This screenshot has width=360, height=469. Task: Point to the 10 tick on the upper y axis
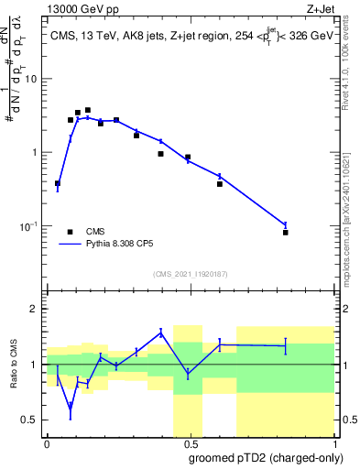(x=35, y=79)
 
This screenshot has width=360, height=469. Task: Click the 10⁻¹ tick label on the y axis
(x=31, y=226)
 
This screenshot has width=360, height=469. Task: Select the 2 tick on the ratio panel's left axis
(x=38, y=309)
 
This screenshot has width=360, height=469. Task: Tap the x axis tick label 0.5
(x=189, y=443)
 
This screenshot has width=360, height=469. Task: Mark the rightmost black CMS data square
(x=286, y=233)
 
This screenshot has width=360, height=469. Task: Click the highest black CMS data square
(x=88, y=110)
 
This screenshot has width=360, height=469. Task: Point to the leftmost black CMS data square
(x=58, y=183)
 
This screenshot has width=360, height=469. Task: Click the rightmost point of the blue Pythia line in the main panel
(x=286, y=224)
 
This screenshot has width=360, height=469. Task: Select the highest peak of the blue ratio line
(x=160, y=333)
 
